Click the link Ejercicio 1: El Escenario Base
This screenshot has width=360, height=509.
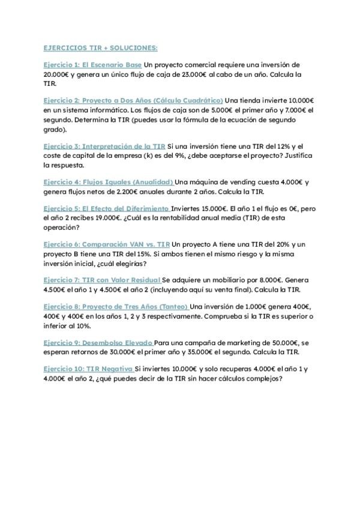92,64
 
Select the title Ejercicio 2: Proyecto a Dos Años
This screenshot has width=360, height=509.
133,100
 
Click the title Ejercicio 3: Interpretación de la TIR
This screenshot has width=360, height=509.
104,146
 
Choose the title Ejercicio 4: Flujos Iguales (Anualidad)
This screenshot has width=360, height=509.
108,182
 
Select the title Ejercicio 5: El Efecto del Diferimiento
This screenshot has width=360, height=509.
106,208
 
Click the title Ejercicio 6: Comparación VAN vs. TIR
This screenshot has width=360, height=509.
106,244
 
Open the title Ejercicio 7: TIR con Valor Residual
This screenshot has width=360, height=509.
102,280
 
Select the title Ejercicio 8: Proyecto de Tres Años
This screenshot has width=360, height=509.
115,306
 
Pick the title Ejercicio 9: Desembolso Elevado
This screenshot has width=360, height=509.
97,342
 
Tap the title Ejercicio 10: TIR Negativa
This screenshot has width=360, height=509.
88,368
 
